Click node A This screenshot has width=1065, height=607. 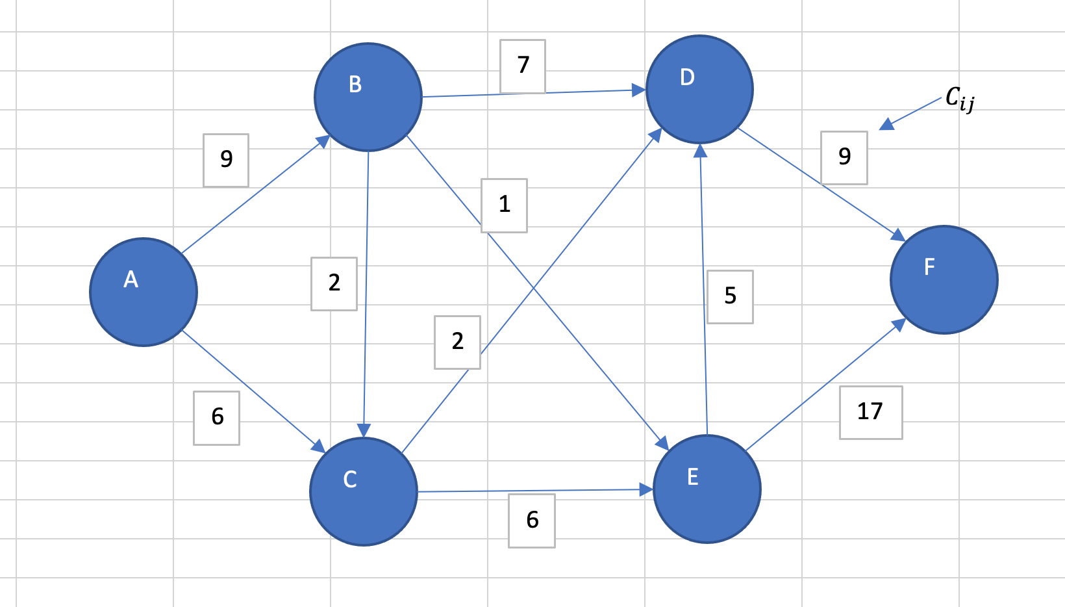[x=144, y=292]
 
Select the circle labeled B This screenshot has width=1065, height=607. [x=368, y=97]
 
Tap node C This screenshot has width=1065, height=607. [x=364, y=491]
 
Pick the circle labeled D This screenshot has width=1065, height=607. [x=700, y=89]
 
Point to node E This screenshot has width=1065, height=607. [x=707, y=489]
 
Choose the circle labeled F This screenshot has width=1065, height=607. [x=944, y=279]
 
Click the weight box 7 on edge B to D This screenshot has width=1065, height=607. [x=523, y=66]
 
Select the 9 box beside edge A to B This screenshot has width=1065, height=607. [x=226, y=160]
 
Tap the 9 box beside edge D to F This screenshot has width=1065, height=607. [x=844, y=157]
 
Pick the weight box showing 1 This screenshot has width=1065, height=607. [x=505, y=205]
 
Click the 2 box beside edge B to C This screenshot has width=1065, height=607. [x=334, y=283]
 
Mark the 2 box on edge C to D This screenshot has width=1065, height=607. [x=457, y=342]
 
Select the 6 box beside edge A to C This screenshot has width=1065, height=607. [x=217, y=417]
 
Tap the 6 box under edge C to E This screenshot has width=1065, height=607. [x=532, y=521]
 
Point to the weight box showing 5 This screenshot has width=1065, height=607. [x=730, y=296]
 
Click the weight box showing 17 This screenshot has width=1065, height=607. [x=870, y=412]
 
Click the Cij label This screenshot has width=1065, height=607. [x=959, y=99]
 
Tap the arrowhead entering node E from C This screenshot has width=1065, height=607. [x=647, y=489]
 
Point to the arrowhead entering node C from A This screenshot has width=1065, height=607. [x=318, y=446]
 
